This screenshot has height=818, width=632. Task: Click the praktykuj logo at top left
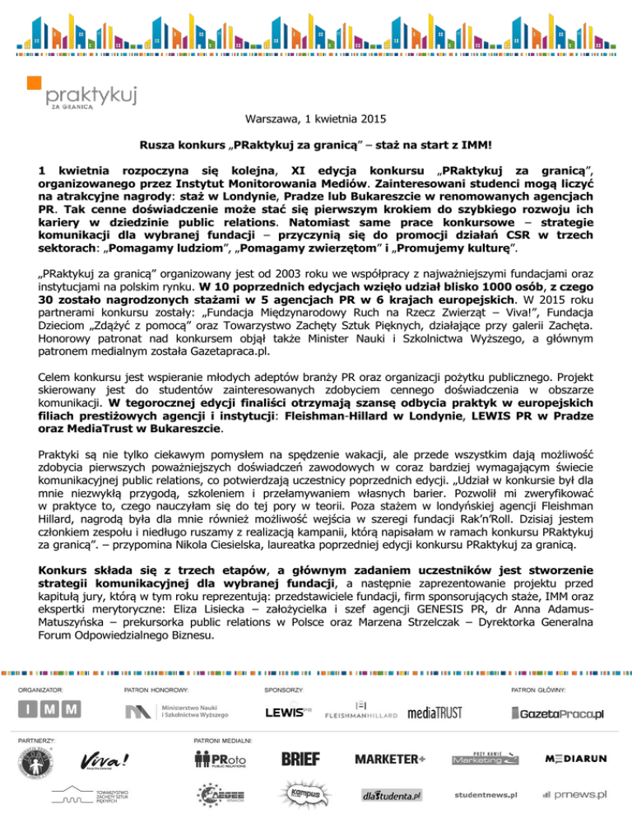pos(63,91)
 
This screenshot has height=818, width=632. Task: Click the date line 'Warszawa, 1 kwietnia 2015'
pos(315,118)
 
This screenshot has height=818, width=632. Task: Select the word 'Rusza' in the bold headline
pos(156,145)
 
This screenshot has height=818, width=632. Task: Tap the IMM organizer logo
pos(50,709)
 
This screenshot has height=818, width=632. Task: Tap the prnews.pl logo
pos(574,795)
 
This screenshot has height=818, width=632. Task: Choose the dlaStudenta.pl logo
pos(392,796)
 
